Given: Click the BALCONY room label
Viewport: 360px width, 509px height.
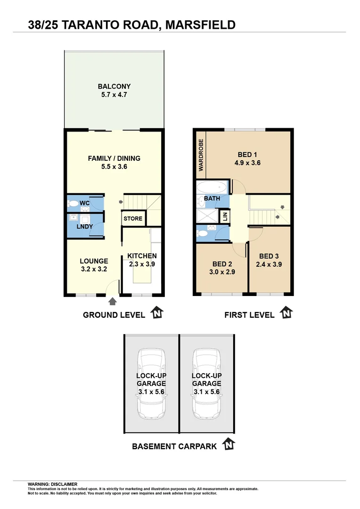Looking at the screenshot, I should pos(114,86).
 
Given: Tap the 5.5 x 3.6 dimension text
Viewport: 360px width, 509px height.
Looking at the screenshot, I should pos(114,166).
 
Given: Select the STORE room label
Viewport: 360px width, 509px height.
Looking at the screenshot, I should pos(132,219).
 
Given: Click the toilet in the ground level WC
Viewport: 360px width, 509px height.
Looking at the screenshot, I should pos(74,204).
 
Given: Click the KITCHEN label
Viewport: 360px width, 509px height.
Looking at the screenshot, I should pos(142,256).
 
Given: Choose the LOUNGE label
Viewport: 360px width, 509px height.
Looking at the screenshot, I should pos(94,261).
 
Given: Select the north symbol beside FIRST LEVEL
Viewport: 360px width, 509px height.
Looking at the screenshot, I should pos(286,313).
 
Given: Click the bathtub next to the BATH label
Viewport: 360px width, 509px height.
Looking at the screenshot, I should pos(212,187).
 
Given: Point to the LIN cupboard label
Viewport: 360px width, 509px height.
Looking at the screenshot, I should pos(225,217).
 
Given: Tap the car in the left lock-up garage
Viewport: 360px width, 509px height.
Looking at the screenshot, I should pos(151,384).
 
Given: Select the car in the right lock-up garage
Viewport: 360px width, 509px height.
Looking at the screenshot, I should pos(206,384).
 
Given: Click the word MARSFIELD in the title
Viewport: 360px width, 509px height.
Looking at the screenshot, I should pos(200,25).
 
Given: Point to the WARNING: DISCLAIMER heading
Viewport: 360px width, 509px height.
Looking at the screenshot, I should pos(52,484).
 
